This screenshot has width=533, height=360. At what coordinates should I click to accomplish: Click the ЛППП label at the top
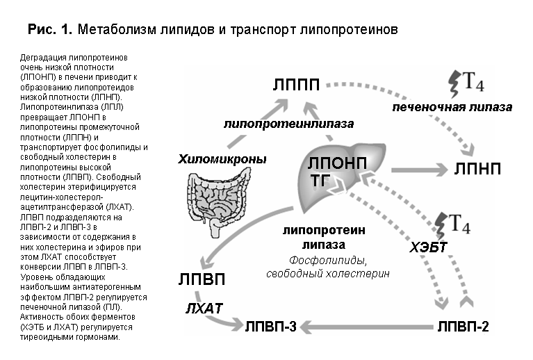tap(296, 84)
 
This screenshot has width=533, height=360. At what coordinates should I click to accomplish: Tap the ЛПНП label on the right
tap(477, 169)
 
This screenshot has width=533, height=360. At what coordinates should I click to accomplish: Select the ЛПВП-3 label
tap(271, 327)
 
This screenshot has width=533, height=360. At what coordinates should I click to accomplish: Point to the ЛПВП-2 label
tap(463, 327)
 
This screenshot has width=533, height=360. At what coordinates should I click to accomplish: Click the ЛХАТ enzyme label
tap(204, 309)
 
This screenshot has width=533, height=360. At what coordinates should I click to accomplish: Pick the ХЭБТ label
tap(428, 247)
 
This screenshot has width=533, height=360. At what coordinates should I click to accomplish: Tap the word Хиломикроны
tap(222, 159)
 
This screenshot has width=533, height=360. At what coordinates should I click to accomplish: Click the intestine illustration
tap(218, 204)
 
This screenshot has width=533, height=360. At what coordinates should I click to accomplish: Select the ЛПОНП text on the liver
tap(337, 163)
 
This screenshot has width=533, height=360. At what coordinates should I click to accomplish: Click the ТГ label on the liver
tap(320, 181)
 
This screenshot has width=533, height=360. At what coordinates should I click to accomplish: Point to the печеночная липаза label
tap(452, 108)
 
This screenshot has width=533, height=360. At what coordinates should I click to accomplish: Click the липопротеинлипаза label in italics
tap(288, 124)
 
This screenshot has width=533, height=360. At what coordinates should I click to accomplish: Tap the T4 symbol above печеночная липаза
tap(466, 83)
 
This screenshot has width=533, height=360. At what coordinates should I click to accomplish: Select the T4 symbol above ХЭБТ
tap(453, 225)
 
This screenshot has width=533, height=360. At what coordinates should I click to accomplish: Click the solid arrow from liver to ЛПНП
tap(420, 170)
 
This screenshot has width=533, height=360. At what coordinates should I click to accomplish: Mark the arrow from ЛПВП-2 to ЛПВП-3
tap(367, 327)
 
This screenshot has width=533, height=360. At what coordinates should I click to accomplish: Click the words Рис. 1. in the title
tap(50, 30)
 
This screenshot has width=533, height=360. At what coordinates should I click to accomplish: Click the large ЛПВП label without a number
tap(202, 279)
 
